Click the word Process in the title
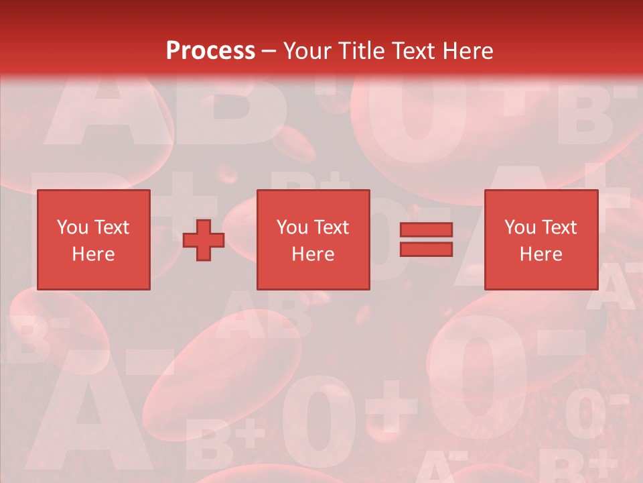click(x=210, y=50)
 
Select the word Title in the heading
click(x=361, y=51)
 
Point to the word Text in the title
click(x=413, y=51)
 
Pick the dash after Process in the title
click(x=269, y=52)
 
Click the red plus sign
click(x=204, y=240)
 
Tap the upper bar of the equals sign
click(x=426, y=230)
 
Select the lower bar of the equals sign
click(x=426, y=250)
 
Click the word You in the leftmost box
click(x=72, y=227)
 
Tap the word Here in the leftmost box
click(x=93, y=254)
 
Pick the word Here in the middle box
click(x=313, y=254)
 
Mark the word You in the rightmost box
click(x=520, y=227)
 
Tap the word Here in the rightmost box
click(x=541, y=254)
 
